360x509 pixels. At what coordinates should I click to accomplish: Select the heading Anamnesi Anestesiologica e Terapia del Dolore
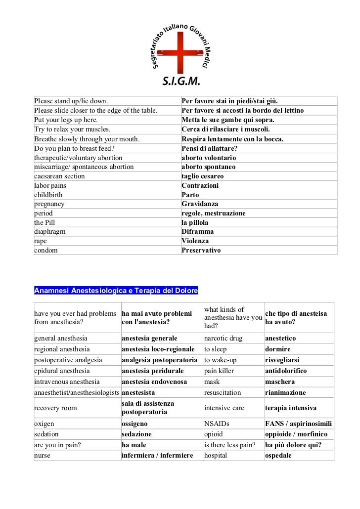tap(116, 290)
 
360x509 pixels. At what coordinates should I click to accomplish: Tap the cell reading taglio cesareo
tap(203, 176)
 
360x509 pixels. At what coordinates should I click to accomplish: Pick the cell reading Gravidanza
tap(200, 204)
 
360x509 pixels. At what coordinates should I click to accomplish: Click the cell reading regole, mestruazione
tap(214, 213)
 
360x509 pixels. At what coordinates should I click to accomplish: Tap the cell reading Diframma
tap(198, 231)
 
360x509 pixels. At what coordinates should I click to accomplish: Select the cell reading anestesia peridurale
tap(153, 371)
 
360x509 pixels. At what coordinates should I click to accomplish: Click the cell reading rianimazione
tap(285, 392)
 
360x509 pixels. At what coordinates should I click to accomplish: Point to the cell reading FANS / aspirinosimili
tap(299, 424)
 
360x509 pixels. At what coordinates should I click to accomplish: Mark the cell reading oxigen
tap(44, 424)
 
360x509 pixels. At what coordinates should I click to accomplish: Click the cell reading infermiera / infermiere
tap(157, 455)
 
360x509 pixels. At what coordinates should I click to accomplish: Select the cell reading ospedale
tap(278, 455)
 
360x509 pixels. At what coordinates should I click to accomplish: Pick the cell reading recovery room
tap(55, 408)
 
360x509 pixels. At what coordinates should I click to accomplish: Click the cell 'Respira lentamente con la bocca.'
tap(232, 139)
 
